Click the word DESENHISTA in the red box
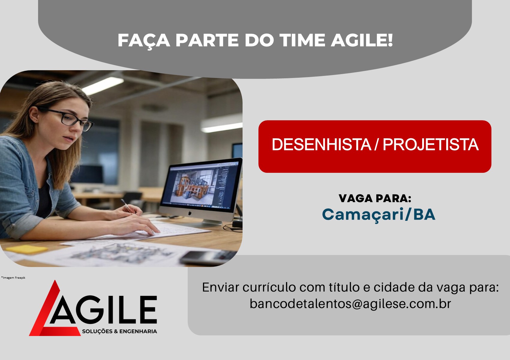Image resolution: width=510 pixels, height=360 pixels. (322, 145)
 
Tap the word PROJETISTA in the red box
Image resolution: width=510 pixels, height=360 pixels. (431, 145)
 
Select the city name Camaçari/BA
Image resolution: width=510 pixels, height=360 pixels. (379, 214)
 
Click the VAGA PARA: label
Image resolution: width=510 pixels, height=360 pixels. (375, 199)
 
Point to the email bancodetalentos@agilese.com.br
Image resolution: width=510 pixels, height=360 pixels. (350, 304)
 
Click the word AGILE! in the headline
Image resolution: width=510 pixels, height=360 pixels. (362, 40)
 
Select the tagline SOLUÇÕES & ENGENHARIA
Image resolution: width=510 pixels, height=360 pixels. (120, 331)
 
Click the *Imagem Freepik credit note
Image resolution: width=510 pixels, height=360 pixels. (13, 277)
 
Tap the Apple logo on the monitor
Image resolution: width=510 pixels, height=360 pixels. (189, 213)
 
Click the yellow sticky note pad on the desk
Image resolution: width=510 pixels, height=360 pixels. (27, 249)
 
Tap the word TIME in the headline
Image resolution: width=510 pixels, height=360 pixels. (302, 40)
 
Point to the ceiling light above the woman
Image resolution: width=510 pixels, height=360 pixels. (103, 85)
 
